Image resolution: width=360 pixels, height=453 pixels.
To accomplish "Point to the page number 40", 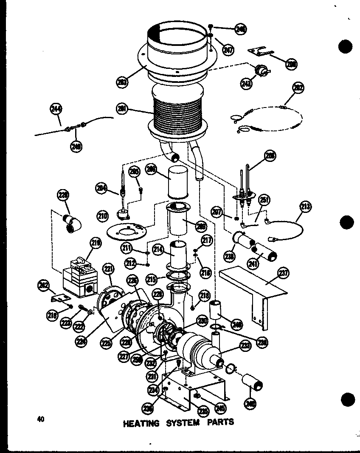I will pyautogui.click(x=41, y=419).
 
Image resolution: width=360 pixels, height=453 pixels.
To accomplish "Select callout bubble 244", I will pyautogui.click(x=56, y=109).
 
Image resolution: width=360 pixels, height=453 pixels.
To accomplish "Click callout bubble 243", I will pyautogui.click(x=246, y=83).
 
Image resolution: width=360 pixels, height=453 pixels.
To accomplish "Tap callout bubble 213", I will pyautogui.click(x=305, y=207).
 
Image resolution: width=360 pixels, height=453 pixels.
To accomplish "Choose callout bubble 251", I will pyautogui.click(x=264, y=200).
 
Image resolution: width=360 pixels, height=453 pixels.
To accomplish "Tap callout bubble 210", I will pyautogui.click(x=102, y=216).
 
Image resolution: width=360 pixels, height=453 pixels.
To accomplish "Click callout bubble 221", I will pyautogui.click(x=109, y=269).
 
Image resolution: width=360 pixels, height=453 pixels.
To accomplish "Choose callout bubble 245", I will pyautogui.click(x=220, y=408).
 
